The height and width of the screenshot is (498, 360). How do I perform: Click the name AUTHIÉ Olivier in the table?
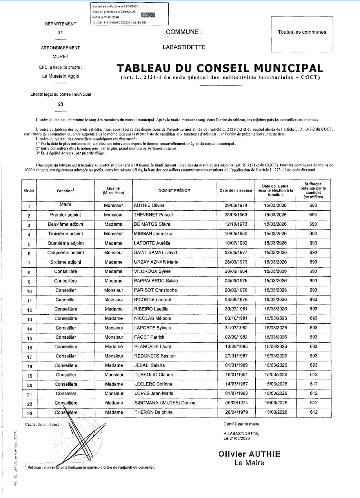point(149,205)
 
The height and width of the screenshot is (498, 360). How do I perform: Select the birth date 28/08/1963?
point(235,215)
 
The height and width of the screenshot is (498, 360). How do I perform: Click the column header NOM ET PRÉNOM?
point(174,191)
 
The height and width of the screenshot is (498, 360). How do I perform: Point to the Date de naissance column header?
point(236,191)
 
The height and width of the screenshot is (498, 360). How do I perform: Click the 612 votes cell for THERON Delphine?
point(313,412)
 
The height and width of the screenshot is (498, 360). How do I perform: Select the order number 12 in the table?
point(29,309)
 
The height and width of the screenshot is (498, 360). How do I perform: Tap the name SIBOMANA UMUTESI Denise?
point(165,403)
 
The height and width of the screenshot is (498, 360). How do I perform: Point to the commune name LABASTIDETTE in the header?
point(183,47)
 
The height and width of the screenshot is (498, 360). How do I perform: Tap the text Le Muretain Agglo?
point(60,76)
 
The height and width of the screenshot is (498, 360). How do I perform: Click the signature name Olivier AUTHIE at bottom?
point(249,454)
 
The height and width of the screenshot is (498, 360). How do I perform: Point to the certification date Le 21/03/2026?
point(236,438)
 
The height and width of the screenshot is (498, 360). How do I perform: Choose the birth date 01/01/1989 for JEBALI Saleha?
point(235,365)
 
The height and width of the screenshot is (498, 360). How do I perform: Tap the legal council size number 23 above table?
point(60,104)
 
